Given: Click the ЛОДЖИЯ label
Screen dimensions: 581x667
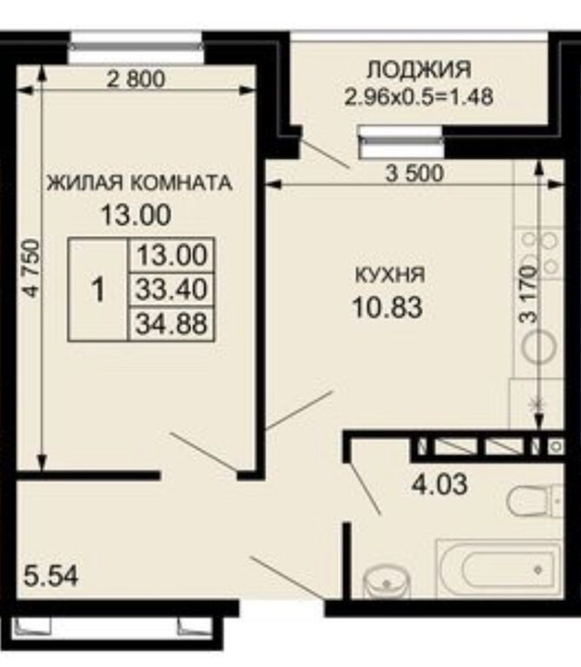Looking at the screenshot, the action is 419,69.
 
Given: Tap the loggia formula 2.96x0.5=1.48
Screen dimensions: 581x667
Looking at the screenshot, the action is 419,96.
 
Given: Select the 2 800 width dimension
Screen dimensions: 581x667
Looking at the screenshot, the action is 136,79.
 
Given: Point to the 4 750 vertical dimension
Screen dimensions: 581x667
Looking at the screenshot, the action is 32,268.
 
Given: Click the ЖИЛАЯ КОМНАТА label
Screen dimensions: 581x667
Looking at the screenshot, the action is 139,183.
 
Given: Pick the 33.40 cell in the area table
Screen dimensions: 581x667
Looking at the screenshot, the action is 171,289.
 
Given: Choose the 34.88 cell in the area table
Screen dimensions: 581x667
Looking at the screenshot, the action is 171,323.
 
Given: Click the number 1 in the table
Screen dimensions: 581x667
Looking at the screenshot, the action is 98,289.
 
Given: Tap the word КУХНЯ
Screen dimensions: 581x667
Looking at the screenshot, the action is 391,274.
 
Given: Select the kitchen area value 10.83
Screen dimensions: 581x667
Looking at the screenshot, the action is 388,307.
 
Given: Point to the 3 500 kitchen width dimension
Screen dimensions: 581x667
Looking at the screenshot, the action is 415,173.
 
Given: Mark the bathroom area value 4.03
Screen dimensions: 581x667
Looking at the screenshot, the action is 439,484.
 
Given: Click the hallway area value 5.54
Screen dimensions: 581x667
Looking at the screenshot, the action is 51,577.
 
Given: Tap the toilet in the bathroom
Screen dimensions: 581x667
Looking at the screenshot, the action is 536,500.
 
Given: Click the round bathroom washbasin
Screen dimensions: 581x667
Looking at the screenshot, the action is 386,582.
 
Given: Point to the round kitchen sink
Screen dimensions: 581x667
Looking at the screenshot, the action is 539,346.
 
